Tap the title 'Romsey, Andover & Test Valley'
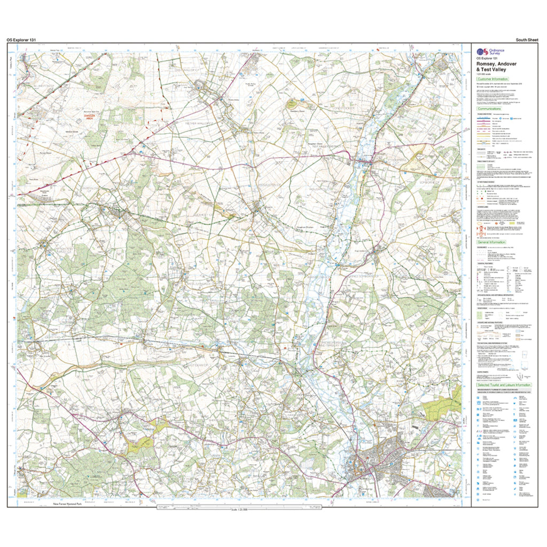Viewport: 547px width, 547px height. coord(497,66)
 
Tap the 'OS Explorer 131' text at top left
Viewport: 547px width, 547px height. coord(21,40)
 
